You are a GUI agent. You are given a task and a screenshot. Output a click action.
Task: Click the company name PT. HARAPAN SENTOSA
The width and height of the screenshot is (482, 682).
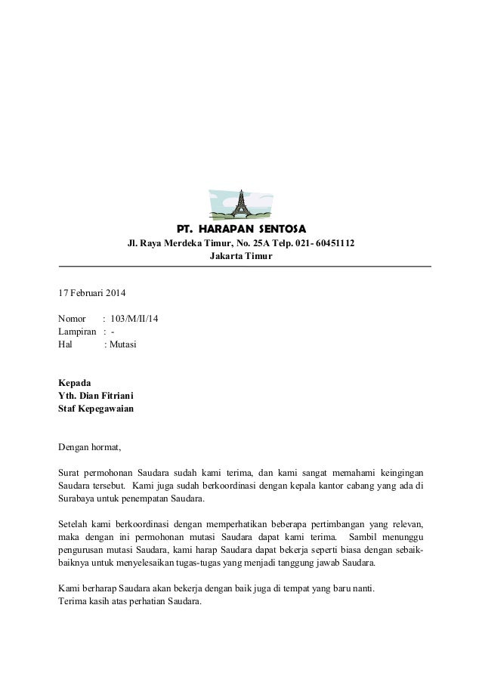coord(240,229)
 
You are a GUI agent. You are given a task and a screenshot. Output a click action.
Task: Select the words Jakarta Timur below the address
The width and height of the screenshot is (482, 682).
coord(240,257)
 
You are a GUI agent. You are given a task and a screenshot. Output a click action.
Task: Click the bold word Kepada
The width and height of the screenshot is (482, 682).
coord(74,383)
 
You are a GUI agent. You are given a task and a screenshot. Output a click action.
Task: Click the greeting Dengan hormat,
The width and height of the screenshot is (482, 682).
coord(89,447)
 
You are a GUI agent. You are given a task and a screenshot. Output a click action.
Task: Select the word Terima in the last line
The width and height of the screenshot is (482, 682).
coord(72,601)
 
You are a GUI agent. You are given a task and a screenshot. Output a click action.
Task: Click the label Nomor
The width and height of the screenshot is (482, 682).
coord(73,318)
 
